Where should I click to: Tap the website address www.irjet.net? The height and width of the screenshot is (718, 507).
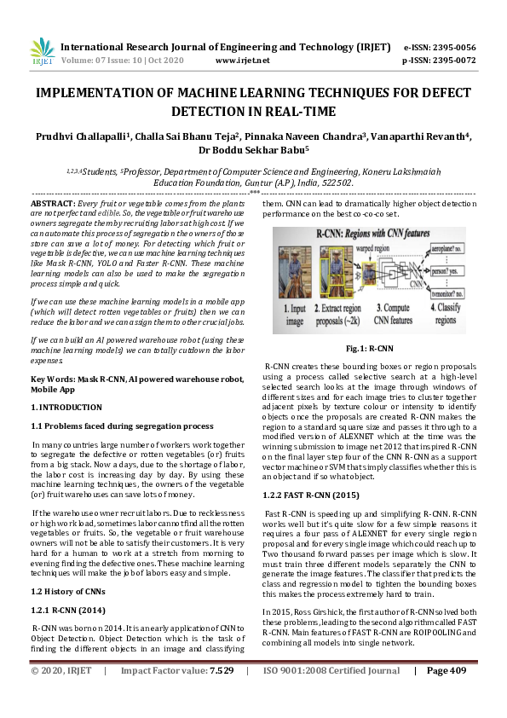click(x=243, y=61)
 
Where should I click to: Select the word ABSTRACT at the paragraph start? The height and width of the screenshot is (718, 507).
click(x=51, y=206)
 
